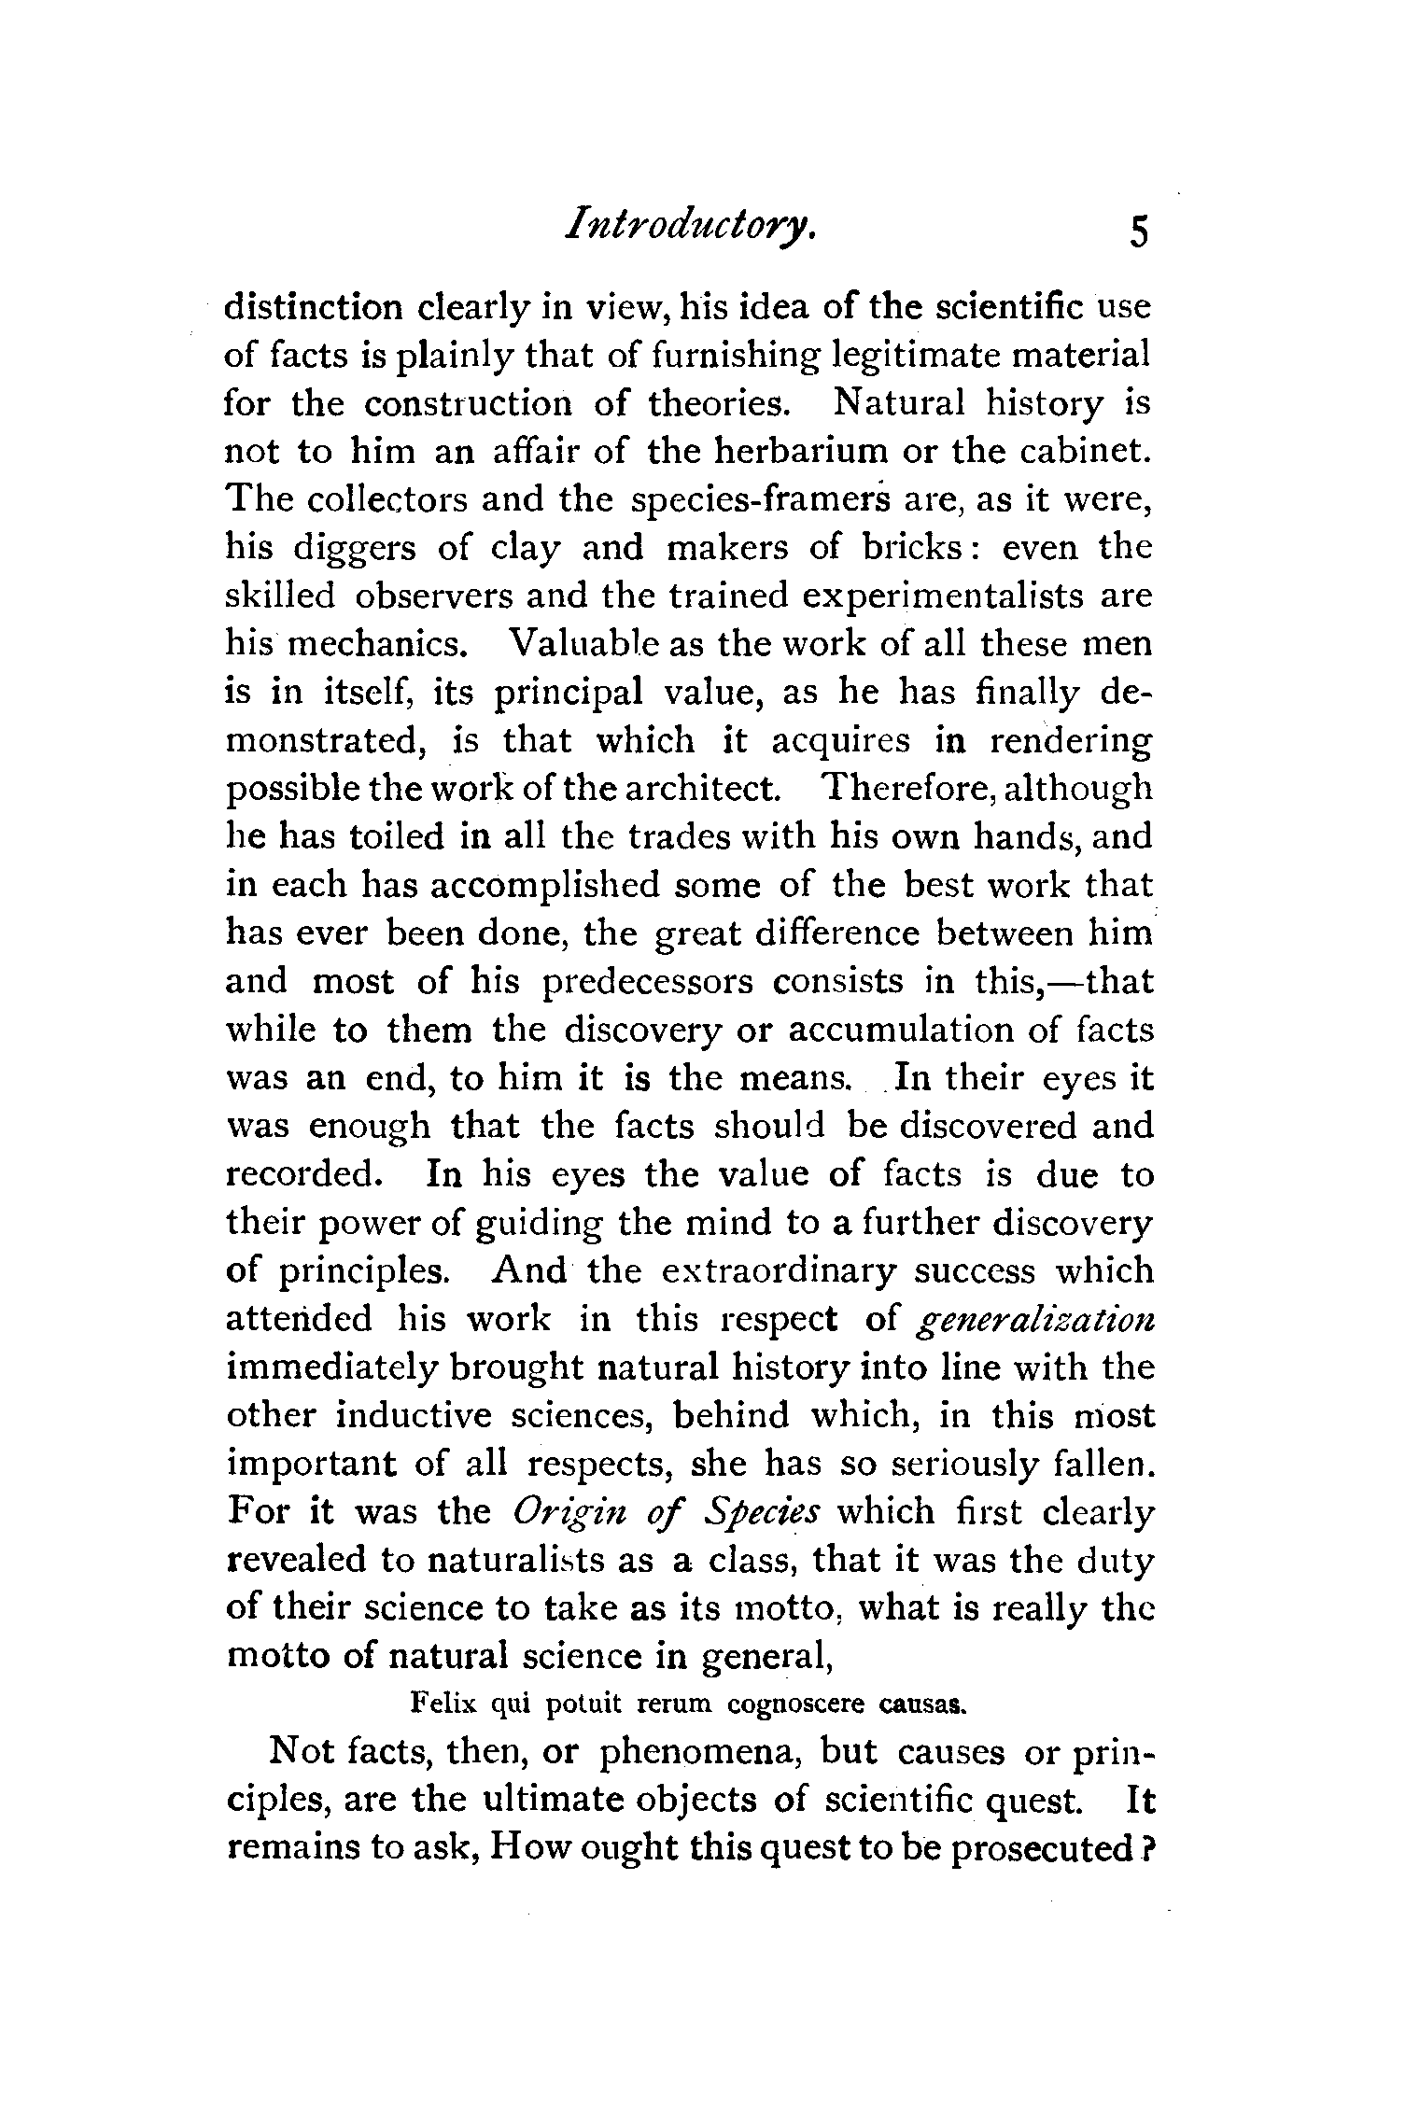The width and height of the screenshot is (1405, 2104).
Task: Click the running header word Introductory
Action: [692, 228]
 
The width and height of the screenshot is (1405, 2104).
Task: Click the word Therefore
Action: [898, 789]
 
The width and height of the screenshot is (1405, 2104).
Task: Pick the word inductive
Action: [414, 1416]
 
